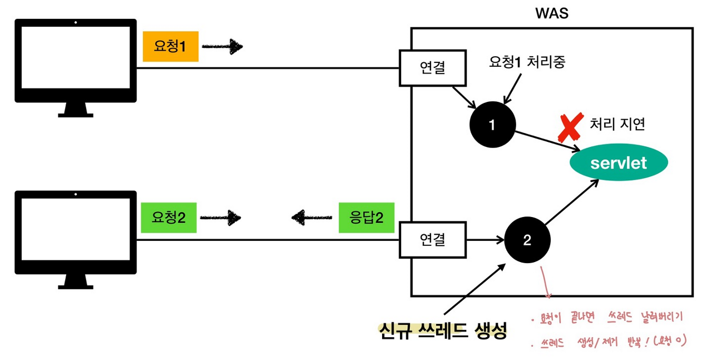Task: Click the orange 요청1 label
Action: click(170, 47)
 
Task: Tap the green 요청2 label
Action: click(169, 218)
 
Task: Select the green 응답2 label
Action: click(366, 218)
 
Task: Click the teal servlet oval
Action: click(619, 163)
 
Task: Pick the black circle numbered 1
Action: click(492, 125)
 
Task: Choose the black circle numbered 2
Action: click(527, 240)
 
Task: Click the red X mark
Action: click(570, 127)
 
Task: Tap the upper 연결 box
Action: click(433, 68)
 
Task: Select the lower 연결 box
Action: click(433, 240)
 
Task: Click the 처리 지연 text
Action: click(617, 124)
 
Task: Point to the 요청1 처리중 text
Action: click(527, 62)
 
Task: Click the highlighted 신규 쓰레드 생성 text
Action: click(443, 332)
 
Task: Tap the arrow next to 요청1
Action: click(222, 47)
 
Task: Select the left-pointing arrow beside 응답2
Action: click(312, 218)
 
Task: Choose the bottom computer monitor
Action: click(76, 234)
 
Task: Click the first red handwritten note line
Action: click(606, 318)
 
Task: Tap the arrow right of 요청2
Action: click(220, 218)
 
